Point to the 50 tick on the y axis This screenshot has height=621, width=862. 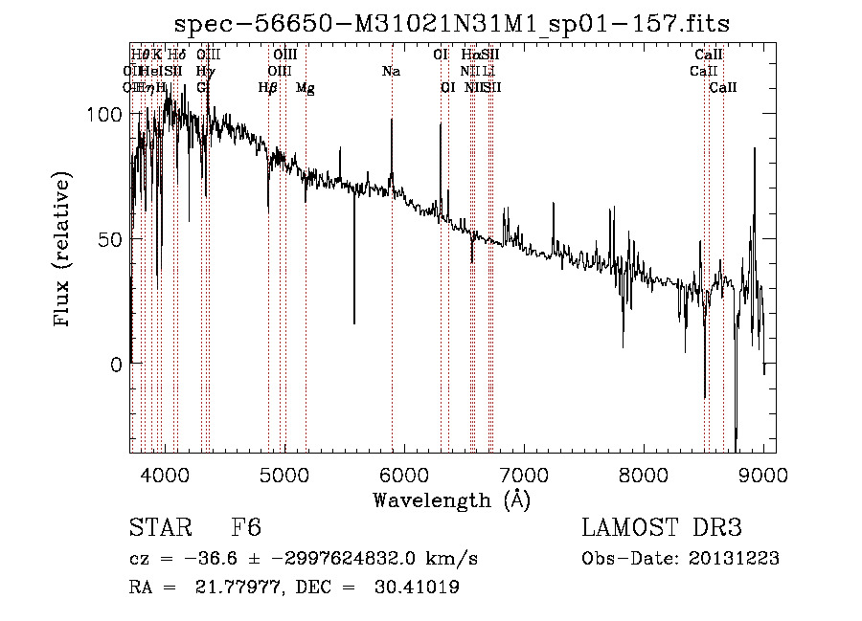tap(110, 239)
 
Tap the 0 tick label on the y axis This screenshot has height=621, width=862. tap(117, 365)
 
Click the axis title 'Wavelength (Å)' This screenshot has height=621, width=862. tap(451, 499)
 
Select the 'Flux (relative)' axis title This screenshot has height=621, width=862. tap(64, 251)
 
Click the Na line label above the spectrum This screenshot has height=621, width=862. tap(391, 72)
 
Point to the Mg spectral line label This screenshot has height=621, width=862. tap(305, 88)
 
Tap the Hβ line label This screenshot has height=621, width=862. tap(268, 88)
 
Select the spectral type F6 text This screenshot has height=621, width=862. tap(245, 529)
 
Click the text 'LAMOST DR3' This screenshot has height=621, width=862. tap(662, 529)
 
